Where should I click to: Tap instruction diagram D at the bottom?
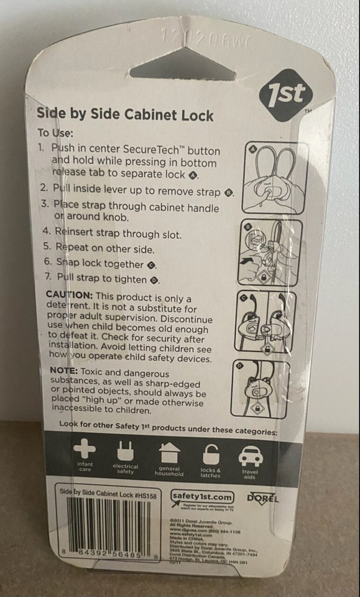coord(261,389)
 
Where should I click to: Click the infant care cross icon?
coord(84,451)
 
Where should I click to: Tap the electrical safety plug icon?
coord(125,451)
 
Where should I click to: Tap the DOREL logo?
coord(262,498)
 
